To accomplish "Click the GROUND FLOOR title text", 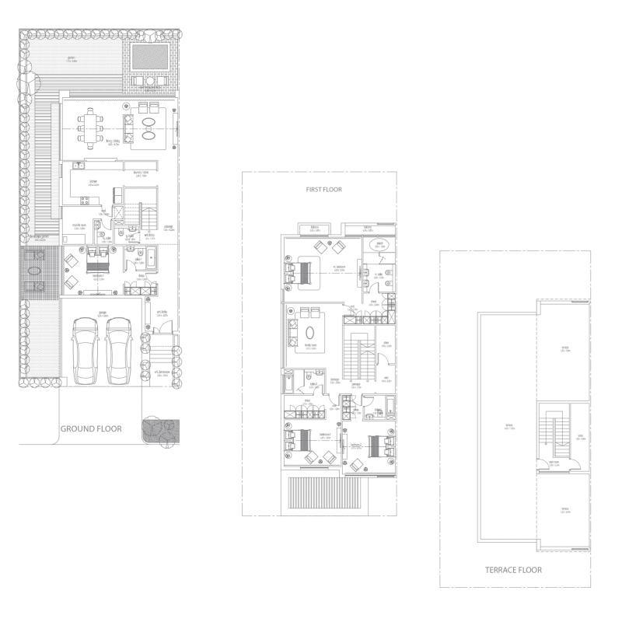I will click(91, 428).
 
